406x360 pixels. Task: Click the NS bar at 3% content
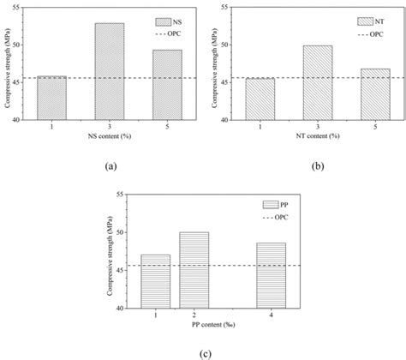109,71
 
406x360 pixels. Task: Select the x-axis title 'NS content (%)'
110,136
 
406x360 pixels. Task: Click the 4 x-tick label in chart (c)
271,315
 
